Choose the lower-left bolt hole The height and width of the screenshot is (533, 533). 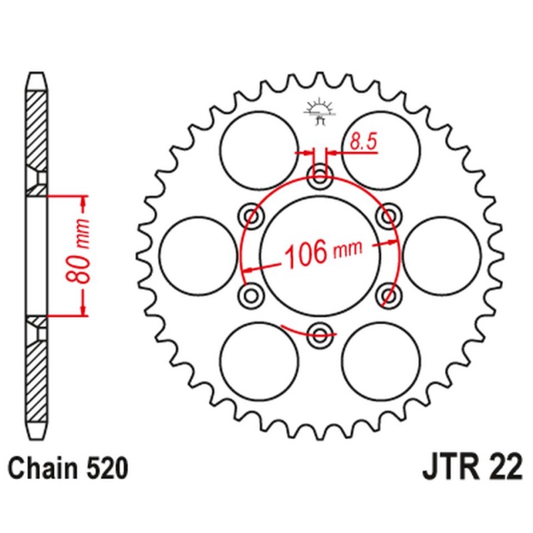click(253, 293)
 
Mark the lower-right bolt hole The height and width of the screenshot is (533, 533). click(387, 293)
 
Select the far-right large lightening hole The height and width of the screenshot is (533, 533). click(442, 254)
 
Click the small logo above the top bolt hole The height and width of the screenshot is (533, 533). click(319, 111)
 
